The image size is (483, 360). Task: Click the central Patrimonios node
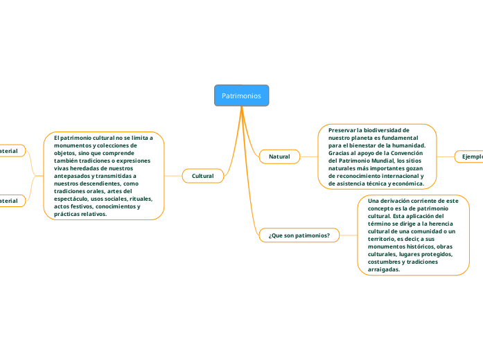[x=241, y=96]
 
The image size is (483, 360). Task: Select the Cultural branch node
[x=202, y=177]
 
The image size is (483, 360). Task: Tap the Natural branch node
[x=279, y=157]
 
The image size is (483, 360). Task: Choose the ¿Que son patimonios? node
[x=299, y=235]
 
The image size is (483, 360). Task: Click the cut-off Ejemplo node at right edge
[x=471, y=157]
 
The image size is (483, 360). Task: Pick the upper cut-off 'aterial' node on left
[x=10, y=150]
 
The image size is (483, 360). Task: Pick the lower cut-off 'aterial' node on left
[x=10, y=201]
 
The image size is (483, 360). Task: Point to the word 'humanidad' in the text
[x=409, y=145]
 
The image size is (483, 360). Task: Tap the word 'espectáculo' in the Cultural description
[x=76, y=199]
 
